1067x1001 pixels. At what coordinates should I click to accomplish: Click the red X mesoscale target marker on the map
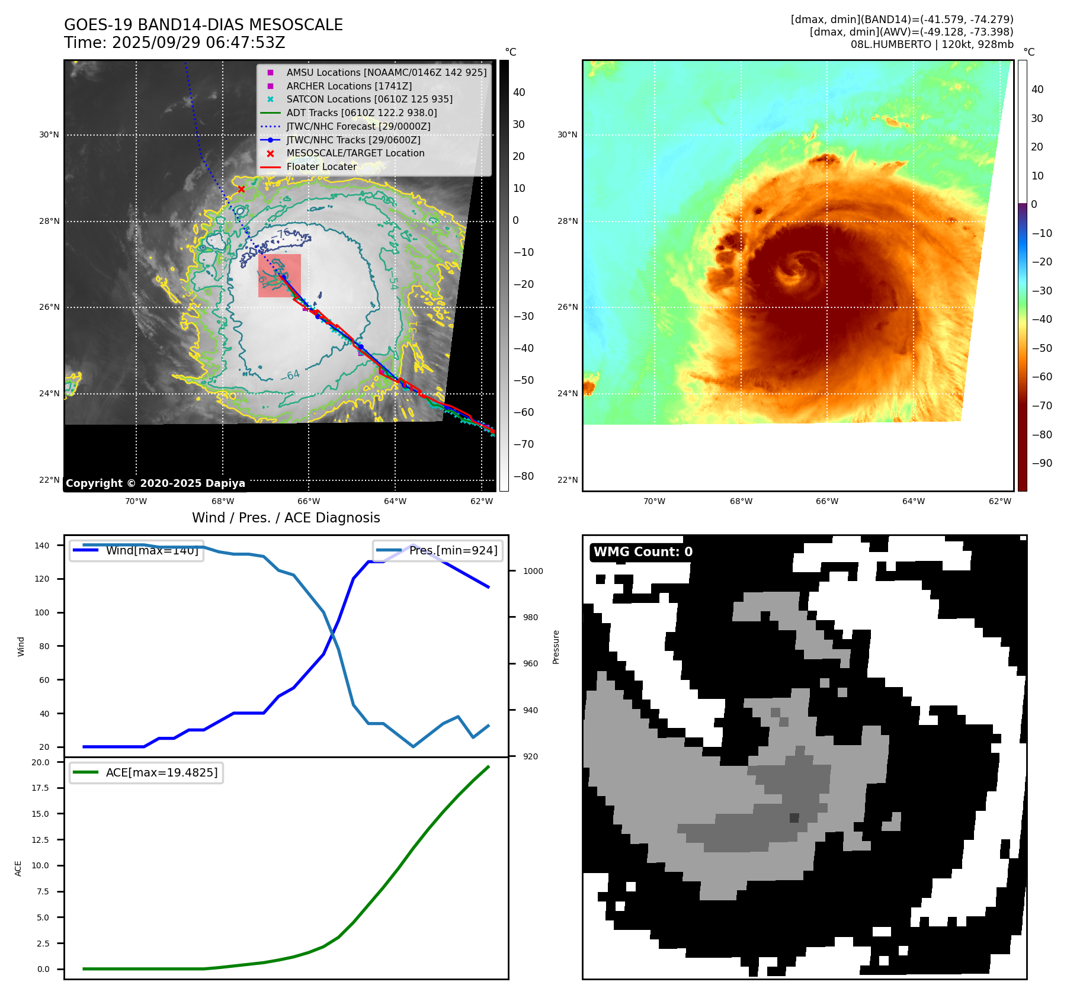pyautogui.click(x=241, y=189)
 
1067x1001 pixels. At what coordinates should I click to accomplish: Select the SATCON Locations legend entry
pyautogui.click(x=369, y=100)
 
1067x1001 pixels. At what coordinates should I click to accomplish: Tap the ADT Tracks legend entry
pyautogui.click(x=361, y=113)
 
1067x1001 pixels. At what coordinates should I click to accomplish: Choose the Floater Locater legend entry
pyautogui.click(x=322, y=166)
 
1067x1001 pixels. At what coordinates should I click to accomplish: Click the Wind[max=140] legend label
pyautogui.click(x=152, y=550)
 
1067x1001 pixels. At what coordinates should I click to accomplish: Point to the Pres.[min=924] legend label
pyautogui.click(x=453, y=550)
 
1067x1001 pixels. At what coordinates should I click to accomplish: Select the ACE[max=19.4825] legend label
pyautogui.click(x=162, y=772)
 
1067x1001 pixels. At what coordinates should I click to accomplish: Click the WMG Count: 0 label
pyautogui.click(x=643, y=552)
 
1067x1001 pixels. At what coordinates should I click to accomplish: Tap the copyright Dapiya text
pyautogui.click(x=155, y=483)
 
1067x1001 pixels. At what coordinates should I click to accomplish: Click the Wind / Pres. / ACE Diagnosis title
pyautogui.click(x=286, y=518)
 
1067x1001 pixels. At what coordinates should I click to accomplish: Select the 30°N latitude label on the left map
pyautogui.click(x=49, y=135)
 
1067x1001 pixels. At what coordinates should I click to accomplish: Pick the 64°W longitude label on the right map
pyautogui.click(x=913, y=502)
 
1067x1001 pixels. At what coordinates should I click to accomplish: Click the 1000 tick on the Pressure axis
pyautogui.click(x=533, y=571)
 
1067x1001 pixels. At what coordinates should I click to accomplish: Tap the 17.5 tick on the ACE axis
pyautogui.click(x=40, y=788)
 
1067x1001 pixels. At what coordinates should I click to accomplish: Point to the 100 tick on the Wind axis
pyautogui.click(x=42, y=612)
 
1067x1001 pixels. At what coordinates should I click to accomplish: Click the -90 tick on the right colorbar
pyautogui.click(x=1042, y=463)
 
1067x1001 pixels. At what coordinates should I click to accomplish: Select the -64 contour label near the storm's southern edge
pyautogui.click(x=290, y=375)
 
